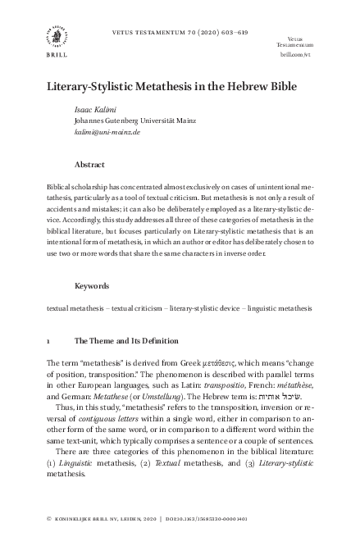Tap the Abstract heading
point(89,164)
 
